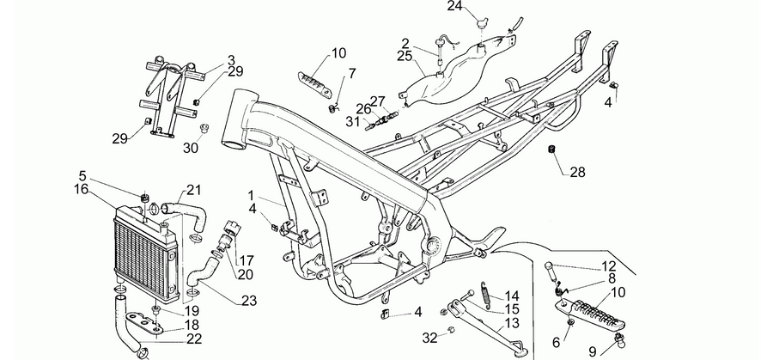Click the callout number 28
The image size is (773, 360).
coord(577,172)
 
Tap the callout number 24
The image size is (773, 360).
coord(454,6)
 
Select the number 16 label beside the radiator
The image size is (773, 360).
coord(81,189)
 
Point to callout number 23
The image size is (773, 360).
coord(249,301)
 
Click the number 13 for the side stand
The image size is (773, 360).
coord(512,324)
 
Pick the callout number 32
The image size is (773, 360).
coord(429,338)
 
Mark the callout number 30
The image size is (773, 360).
coord(191,147)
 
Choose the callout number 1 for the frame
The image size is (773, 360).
coord(251,195)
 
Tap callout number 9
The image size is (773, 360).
coord(593,351)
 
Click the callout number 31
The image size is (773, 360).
coord(352,121)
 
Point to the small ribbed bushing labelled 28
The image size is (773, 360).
coord(552,149)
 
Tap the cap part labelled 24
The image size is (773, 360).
coord(481,21)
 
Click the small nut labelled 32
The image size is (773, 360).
coord(450,329)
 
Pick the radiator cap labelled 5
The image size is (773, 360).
coord(145,198)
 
